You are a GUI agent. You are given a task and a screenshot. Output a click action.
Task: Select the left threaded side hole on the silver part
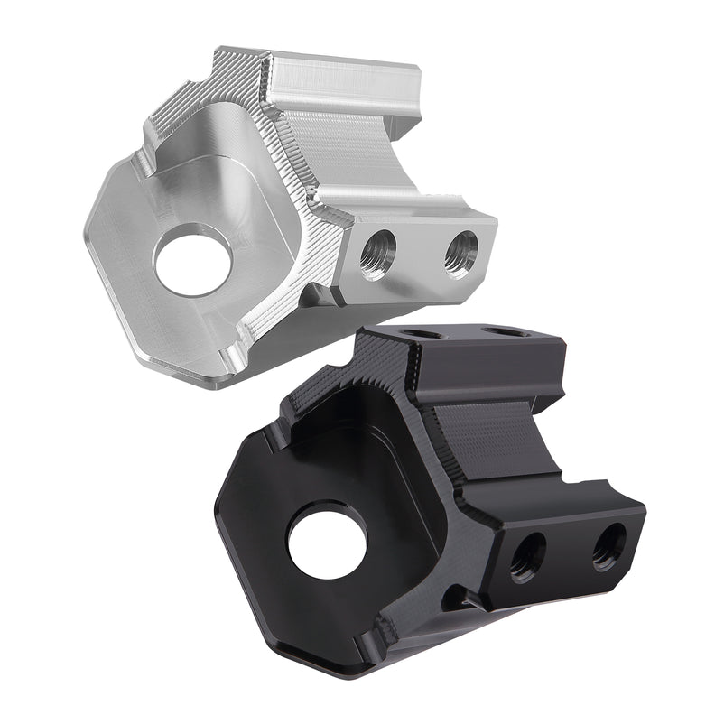coord(377,255)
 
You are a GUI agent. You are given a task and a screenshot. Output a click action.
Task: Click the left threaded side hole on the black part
coord(527,557)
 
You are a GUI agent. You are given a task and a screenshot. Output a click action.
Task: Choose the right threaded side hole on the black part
coord(608,545)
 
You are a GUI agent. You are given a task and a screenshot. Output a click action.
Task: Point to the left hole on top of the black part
coord(422,334)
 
